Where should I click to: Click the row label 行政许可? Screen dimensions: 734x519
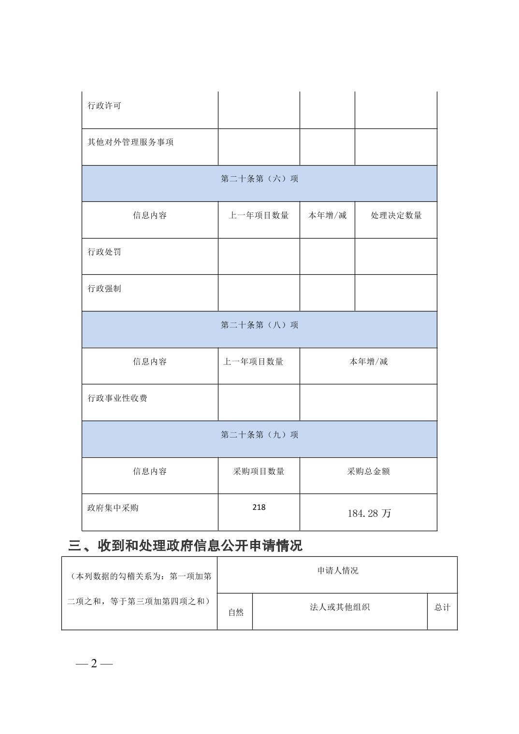pos(104,106)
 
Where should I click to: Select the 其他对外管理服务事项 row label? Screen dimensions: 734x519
pos(130,142)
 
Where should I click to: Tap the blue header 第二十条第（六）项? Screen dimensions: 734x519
pos(259,179)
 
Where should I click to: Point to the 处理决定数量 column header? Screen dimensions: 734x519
pos(396,215)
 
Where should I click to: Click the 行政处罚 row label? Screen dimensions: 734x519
pos(104,252)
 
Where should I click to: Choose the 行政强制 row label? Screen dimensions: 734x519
pos(104,289)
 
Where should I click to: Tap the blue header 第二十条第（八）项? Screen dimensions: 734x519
pos(259,325)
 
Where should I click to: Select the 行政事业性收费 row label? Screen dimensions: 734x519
pos(117,398)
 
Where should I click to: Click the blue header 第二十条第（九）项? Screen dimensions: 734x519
pos(259,435)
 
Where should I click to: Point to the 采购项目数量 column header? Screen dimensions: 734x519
pos(259,471)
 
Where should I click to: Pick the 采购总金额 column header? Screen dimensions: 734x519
pos(368,471)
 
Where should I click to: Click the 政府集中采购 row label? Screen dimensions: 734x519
pos(113,508)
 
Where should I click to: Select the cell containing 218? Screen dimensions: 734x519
pos(259,508)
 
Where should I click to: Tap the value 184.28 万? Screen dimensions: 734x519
pos(369,513)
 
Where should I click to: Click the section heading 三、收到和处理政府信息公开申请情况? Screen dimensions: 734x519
pos(185,546)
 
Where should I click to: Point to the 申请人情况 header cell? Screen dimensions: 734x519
pos(338,571)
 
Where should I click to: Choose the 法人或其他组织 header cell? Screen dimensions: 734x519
pos(340,607)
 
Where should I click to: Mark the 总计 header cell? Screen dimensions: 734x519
pos(442,607)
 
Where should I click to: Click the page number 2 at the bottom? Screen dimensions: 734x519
pos(94,664)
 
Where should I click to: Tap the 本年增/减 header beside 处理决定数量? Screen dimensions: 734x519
pos(328,215)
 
